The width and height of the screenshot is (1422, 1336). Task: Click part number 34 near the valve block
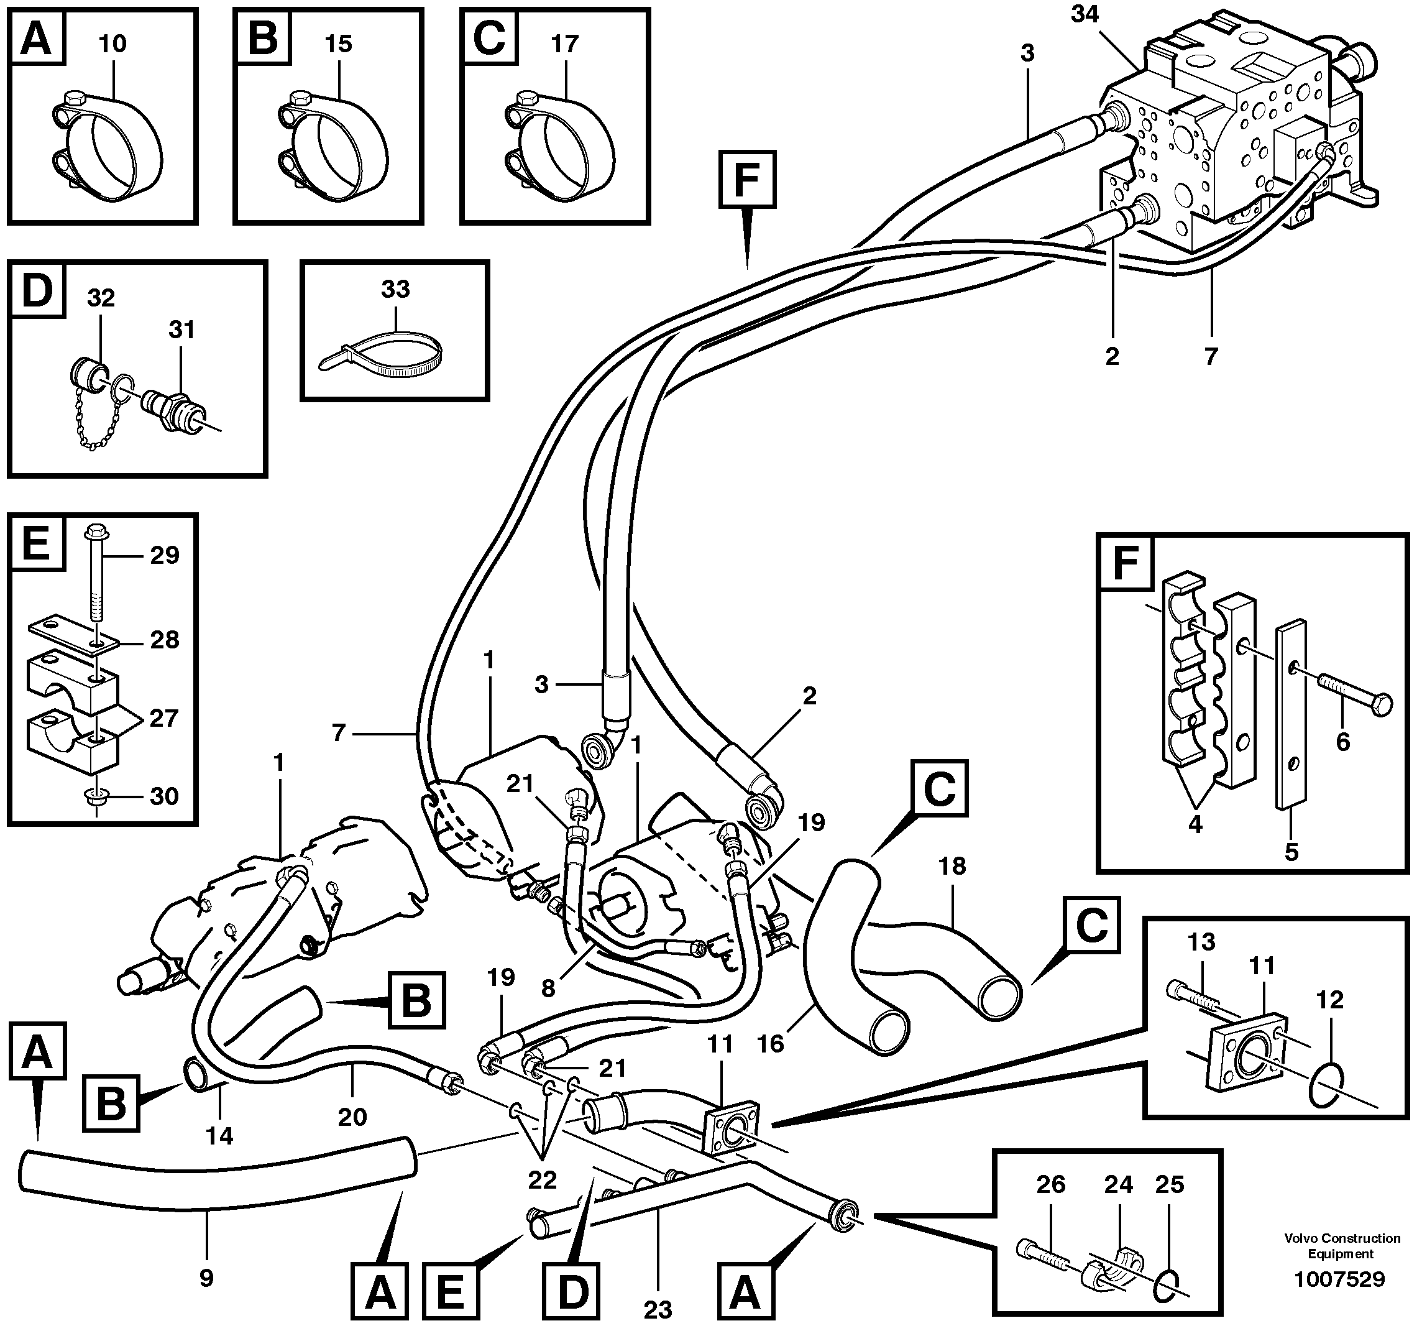1085,14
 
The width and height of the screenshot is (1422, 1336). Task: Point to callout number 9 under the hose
206,1278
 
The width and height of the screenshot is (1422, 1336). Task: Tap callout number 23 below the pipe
658,1309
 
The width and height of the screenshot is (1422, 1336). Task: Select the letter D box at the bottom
572,1292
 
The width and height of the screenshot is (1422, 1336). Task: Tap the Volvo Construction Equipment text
1342,1246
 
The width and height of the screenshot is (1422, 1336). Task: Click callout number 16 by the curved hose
771,1044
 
